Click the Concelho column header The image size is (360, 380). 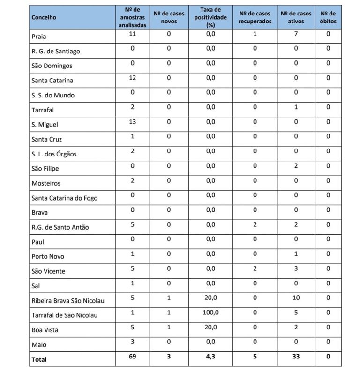point(44,17)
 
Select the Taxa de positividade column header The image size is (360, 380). point(210,17)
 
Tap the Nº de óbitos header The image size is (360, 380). point(328,17)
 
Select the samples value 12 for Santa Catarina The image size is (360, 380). point(133,78)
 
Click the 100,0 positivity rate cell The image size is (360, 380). point(210,313)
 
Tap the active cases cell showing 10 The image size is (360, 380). point(296,298)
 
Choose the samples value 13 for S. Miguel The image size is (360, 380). point(133,122)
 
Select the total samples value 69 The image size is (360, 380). point(133,357)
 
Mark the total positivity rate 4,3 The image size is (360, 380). point(210,357)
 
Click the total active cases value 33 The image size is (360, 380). point(296,357)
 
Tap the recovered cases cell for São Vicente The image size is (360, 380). point(255,268)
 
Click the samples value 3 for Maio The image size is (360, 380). point(133,342)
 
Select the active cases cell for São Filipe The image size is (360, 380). point(296,166)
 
